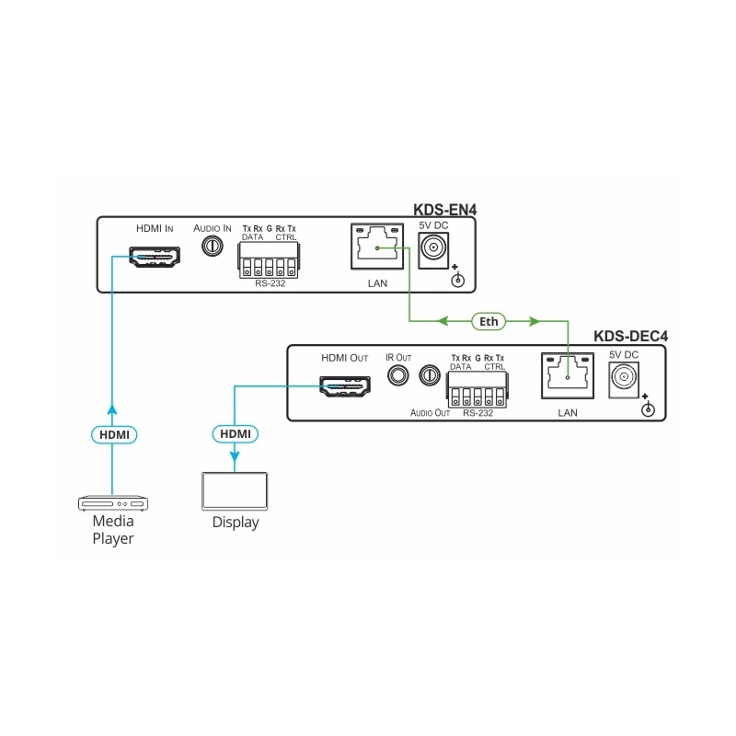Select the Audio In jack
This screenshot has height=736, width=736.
[x=213, y=247]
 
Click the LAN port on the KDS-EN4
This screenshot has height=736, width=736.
[x=376, y=247]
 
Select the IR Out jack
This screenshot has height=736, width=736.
[x=398, y=375]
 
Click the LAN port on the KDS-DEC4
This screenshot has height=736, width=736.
[x=567, y=377]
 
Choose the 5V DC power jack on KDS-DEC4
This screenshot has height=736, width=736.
[x=622, y=377]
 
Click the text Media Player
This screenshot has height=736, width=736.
[x=112, y=530]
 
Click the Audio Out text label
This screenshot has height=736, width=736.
[x=430, y=413]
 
